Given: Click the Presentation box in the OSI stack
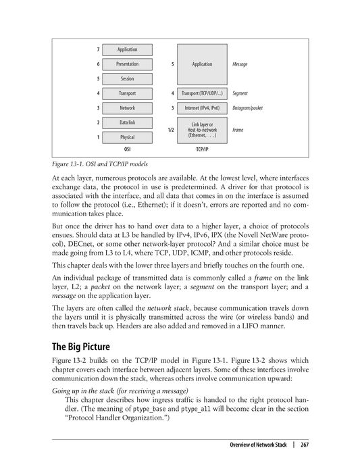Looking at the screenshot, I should (127, 64).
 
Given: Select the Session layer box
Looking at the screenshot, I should (127, 79).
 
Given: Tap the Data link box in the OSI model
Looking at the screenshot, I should (127, 122).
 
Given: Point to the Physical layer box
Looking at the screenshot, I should (127, 137).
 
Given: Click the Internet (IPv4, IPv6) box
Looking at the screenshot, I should (201, 108).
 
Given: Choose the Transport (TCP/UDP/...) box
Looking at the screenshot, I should (201, 93).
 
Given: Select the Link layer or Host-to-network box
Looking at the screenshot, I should (201, 130).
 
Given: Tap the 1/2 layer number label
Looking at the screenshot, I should (171, 130).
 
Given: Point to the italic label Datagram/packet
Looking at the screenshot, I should (247, 108).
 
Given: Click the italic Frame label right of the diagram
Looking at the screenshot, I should (238, 130).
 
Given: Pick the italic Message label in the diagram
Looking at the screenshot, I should (240, 64).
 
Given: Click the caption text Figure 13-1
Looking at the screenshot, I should (72, 163).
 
